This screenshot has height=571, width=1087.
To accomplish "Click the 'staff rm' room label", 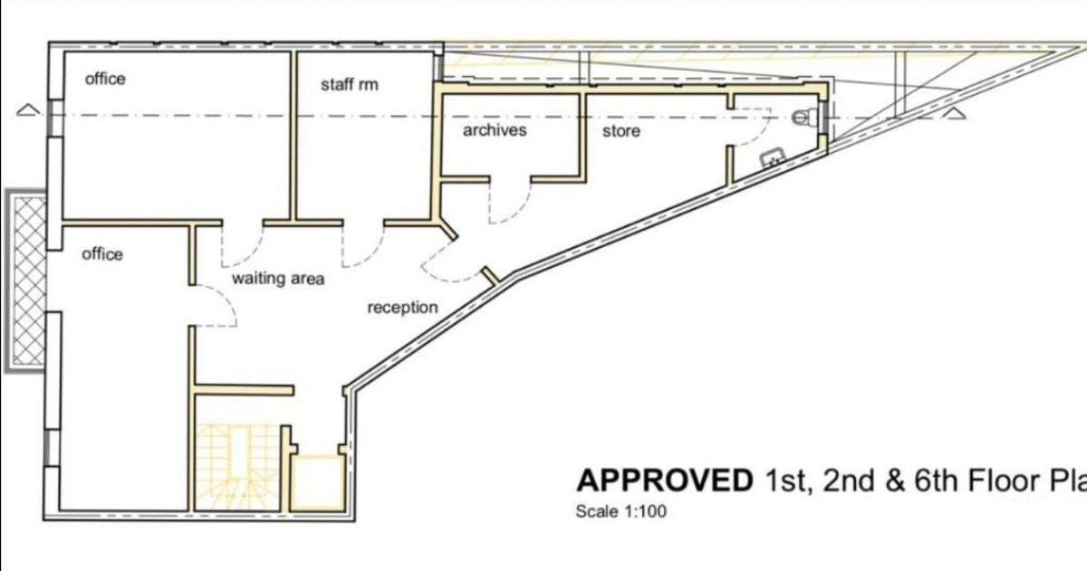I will [349, 85].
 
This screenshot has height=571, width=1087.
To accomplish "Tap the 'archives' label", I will [495, 130].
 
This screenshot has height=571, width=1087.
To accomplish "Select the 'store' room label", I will [621, 131].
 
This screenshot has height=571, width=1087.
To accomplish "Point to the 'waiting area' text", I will [277, 279].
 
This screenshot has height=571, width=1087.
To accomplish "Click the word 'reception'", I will [402, 308].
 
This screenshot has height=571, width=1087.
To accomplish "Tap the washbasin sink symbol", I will [773, 158].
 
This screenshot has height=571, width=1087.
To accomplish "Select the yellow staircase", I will [237, 466].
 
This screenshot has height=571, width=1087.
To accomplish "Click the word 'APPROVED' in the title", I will [664, 481].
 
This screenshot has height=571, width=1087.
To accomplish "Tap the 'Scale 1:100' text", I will [620, 511].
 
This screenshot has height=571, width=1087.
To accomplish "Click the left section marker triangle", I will [28, 111].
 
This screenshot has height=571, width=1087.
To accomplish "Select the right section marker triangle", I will [957, 113].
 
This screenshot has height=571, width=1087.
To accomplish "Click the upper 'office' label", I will [105, 79].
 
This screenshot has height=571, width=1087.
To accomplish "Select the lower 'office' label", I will [101, 254].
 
